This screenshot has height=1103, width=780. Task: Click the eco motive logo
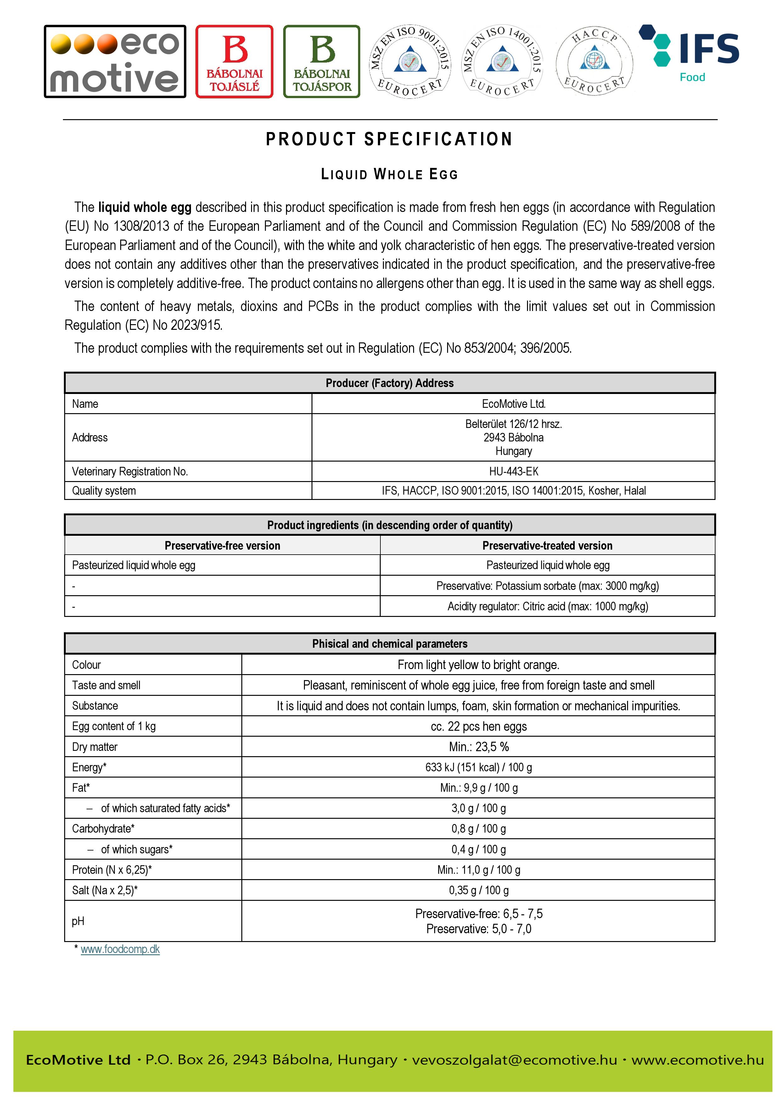tap(115, 62)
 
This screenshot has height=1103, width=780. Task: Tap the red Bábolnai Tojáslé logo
tap(234, 62)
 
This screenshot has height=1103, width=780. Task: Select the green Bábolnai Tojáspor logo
tap(322, 62)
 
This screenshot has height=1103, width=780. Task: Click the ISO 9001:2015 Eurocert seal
tap(410, 62)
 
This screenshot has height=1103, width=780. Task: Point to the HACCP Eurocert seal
tap(594, 62)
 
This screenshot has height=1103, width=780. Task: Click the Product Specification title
tap(389, 139)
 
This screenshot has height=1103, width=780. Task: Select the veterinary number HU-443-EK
tap(513, 471)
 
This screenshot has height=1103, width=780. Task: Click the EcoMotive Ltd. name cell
tap(513, 403)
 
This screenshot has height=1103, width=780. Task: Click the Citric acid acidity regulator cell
tap(547, 606)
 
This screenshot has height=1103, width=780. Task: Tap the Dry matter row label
tap(95, 746)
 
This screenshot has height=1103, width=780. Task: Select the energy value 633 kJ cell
tap(478, 767)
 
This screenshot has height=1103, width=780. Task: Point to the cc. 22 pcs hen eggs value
tap(478, 726)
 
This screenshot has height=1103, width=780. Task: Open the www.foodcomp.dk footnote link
tap(120, 949)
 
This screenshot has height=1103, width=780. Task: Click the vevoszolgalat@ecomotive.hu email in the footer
tap(514, 1059)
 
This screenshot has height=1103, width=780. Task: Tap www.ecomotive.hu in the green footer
tap(697, 1059)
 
